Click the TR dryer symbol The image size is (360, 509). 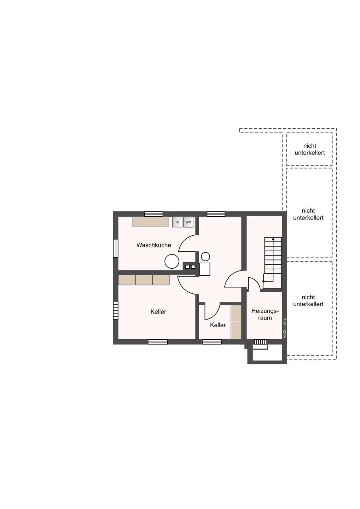coord(177,222)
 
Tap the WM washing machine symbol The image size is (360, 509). coord(188,222)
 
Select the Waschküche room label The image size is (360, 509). coord(153,245)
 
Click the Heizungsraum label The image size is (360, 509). coord(265,314)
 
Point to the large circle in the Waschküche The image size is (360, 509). coord(172,261)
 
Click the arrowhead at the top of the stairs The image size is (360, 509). coord(273,239)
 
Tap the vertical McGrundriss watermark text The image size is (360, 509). coord(285,328)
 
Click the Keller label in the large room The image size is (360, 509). coord(158,311)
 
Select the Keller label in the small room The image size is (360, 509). coord(218,325)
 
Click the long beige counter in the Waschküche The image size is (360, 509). coord(150,222)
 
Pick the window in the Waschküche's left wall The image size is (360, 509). coord(116,248)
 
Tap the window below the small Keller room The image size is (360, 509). coord(212,342)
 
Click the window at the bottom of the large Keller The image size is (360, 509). coord(158,342)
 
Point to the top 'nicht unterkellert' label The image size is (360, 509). coord(309,149)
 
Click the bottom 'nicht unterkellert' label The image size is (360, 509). coord(308,300)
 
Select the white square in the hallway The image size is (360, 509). coord(204,269)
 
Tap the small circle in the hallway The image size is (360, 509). coord(205,257)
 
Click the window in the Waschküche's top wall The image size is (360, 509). coord(153,214)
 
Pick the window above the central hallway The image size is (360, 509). coord(216,214)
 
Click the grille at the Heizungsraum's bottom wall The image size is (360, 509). coord(261,342)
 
